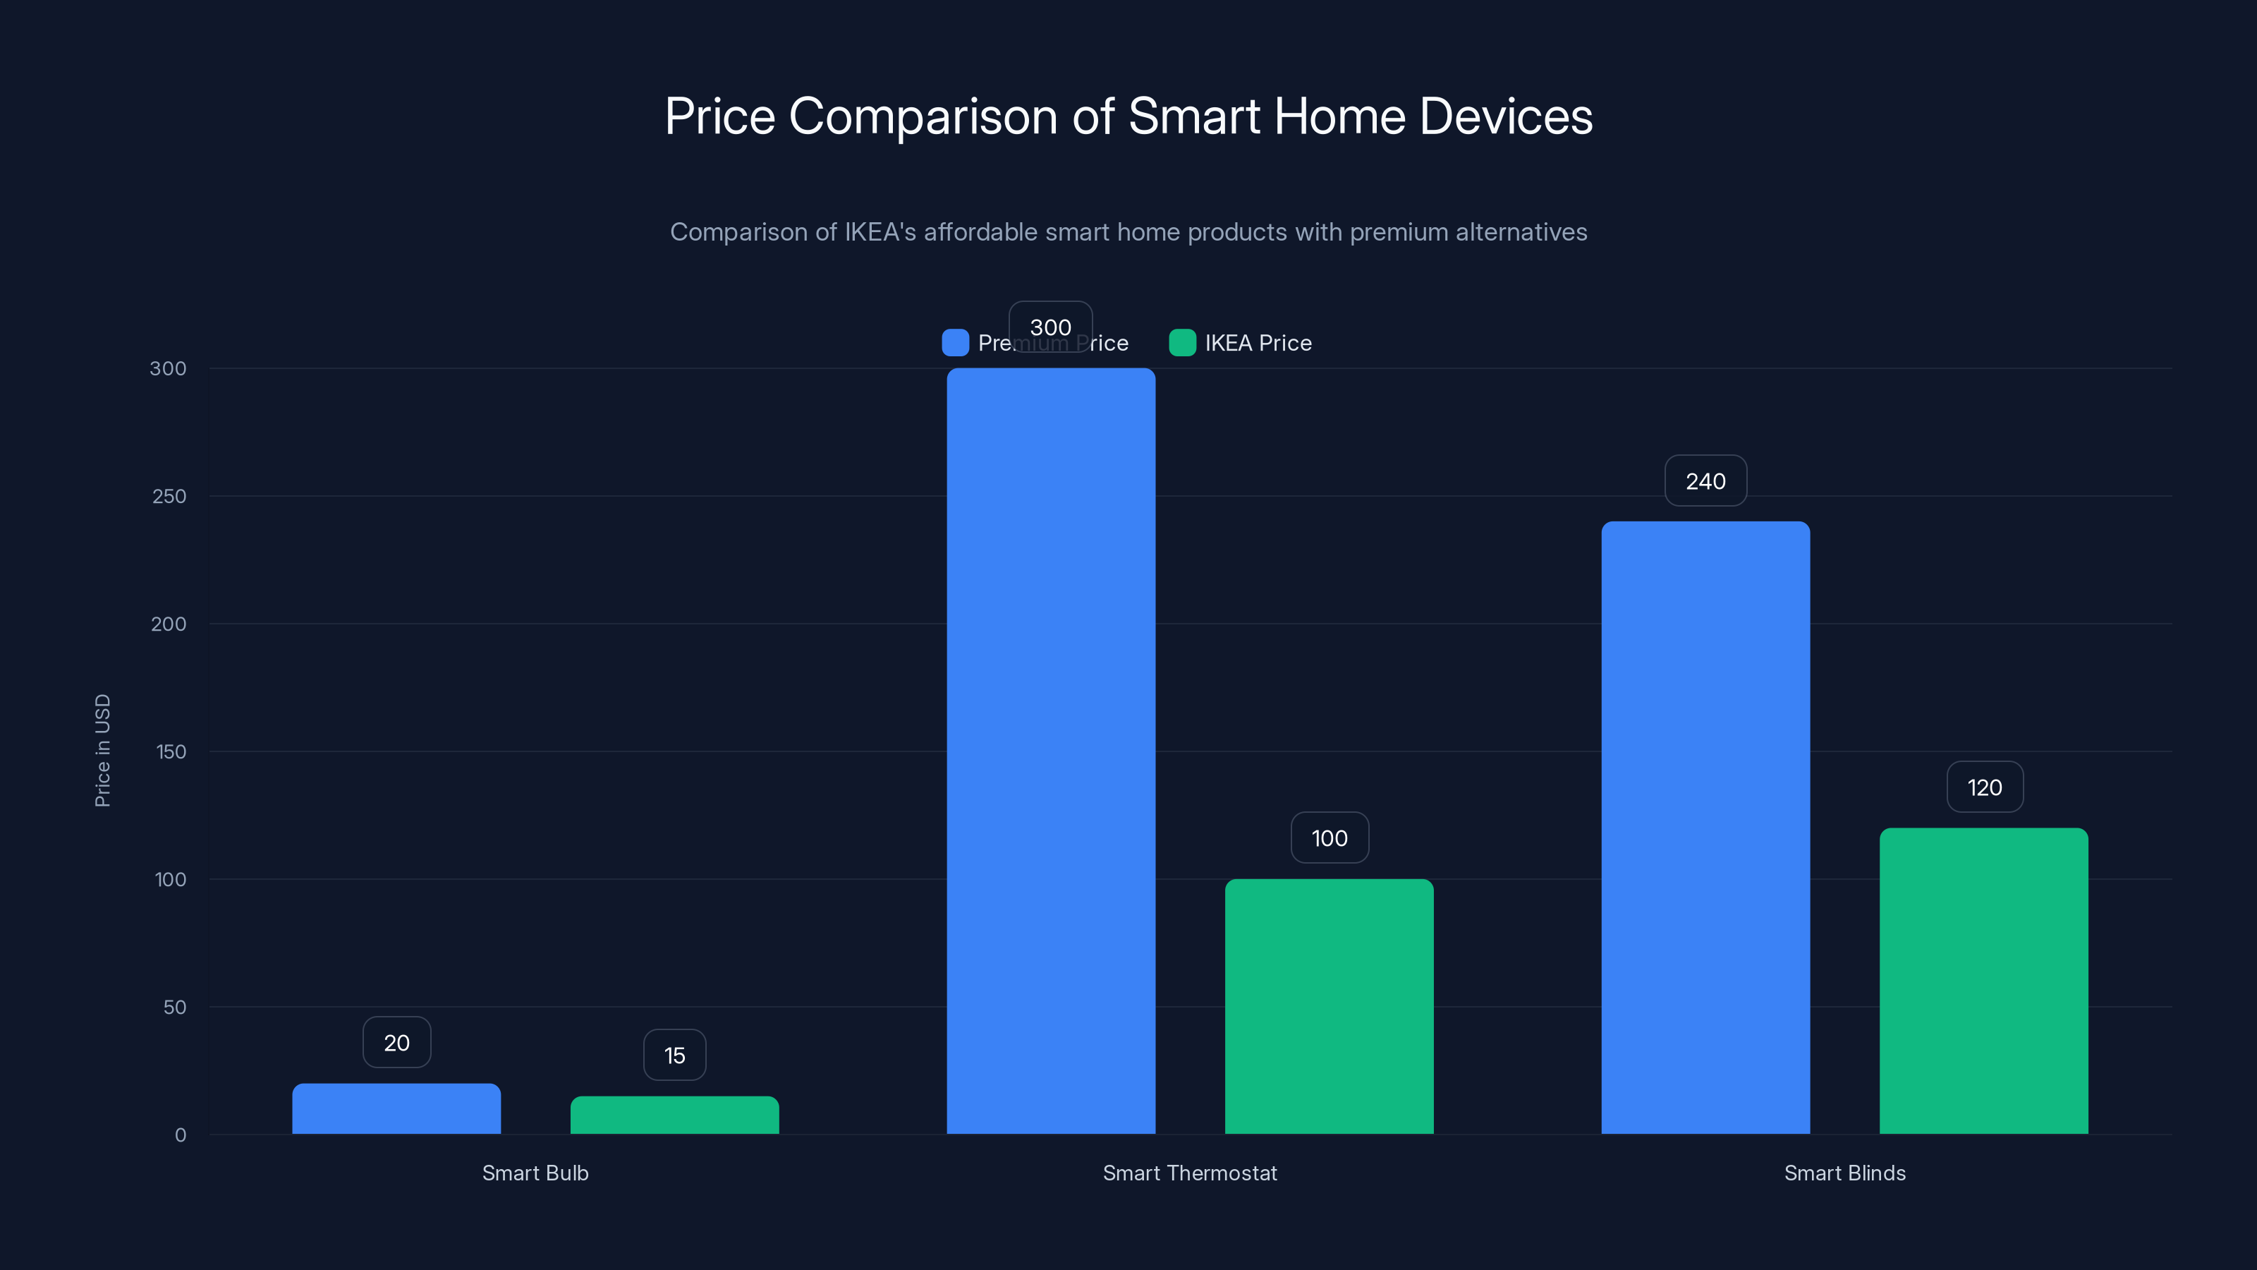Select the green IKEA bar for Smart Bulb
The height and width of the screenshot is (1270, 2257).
[675, 1115]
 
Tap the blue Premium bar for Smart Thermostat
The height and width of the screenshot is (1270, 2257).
[1050, 751]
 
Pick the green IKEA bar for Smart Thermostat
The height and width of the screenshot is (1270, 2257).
[1329, 1006]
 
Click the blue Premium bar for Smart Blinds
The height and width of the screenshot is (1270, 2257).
[1705, 828]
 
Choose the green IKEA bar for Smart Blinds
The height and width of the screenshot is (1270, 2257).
[1983, 981]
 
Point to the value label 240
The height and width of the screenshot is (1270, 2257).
[1705, 481]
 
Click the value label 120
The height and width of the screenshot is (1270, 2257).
[1985, 787]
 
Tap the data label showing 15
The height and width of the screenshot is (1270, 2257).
[675, 1056]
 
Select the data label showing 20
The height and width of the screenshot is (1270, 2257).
[397, 1043]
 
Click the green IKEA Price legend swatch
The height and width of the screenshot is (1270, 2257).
[1182, 343]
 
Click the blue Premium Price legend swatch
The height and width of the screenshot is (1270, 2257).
[955, 343]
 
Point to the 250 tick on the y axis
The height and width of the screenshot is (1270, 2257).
[169, 496]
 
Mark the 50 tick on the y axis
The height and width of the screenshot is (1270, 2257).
[174, 1007]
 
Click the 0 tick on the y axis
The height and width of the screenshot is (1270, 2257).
[181, 1135]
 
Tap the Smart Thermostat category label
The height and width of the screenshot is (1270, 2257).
[1189, 1173]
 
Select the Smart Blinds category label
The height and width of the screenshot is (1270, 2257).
[1844, 1173]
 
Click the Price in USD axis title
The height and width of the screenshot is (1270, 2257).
[102, 750]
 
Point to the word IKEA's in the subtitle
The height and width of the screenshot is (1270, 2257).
[880, 232]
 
